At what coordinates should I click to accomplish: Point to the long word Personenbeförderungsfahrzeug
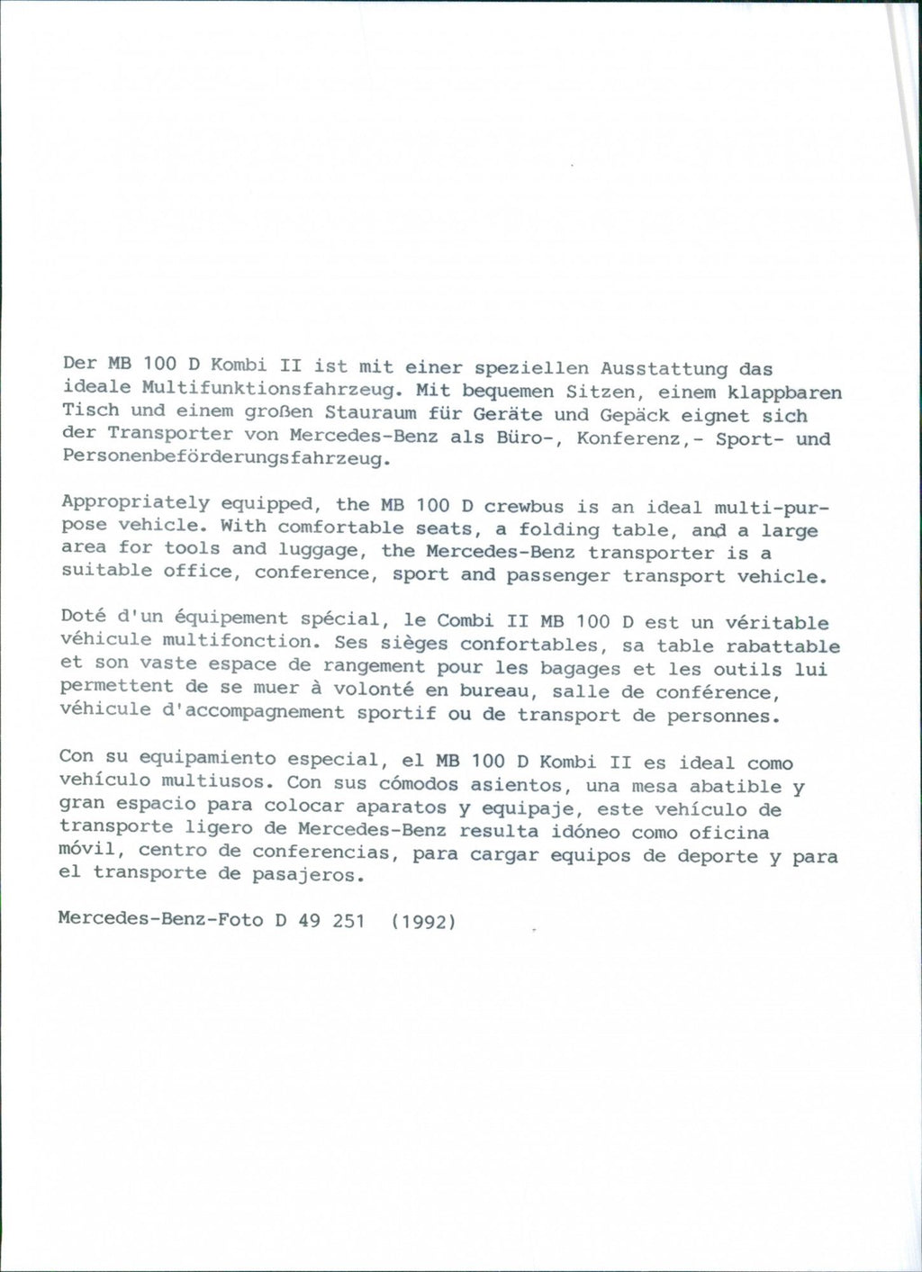224,458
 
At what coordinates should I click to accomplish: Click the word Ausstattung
664,368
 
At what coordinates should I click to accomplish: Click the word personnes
720,717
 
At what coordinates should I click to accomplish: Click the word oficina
729,833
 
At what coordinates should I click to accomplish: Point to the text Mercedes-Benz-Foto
159,919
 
